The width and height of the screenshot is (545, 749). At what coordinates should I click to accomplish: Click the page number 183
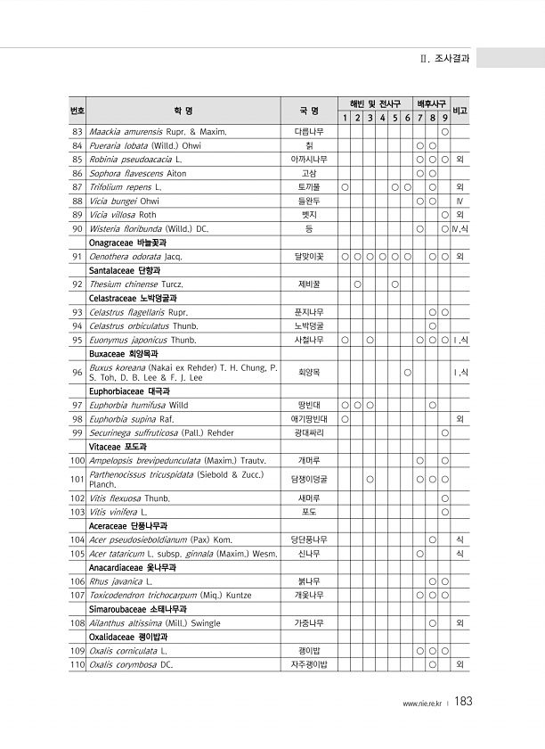tap(462, 702)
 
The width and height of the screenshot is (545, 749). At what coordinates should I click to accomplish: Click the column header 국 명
tap(309, 111)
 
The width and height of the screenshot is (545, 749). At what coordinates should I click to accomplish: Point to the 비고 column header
tap(460, 111)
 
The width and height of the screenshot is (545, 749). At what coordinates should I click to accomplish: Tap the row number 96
tap(77, 372)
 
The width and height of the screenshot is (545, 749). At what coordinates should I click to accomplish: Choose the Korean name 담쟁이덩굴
tap(309, 480)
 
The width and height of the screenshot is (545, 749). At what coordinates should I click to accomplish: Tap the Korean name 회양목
tap(309, 372)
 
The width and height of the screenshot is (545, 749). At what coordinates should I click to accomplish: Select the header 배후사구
tap(432, 103)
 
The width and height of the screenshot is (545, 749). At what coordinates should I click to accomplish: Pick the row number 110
tap(77, 689)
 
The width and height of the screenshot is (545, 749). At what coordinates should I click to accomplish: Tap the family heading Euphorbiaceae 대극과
tap(129, 391)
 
